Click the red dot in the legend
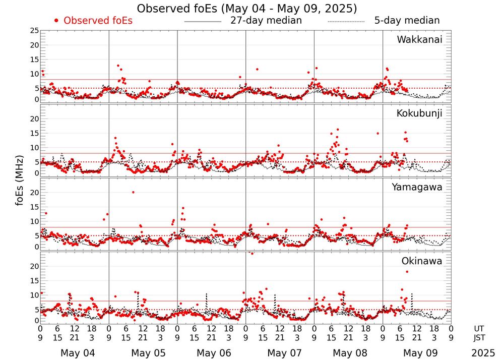tap(56, 21)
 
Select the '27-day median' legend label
tap(266, 21)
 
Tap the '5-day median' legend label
tap(407, 21)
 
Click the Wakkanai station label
tap(419, 40)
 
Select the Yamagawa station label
tap(417, 187)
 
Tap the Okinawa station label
tap(422, 261)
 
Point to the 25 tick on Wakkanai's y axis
tap(34, 31)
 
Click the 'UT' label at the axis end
tap(479, 328)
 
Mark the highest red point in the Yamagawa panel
tap(133, 192)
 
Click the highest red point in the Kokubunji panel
tap(338, 130)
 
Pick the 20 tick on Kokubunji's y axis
tap(34, 119)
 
